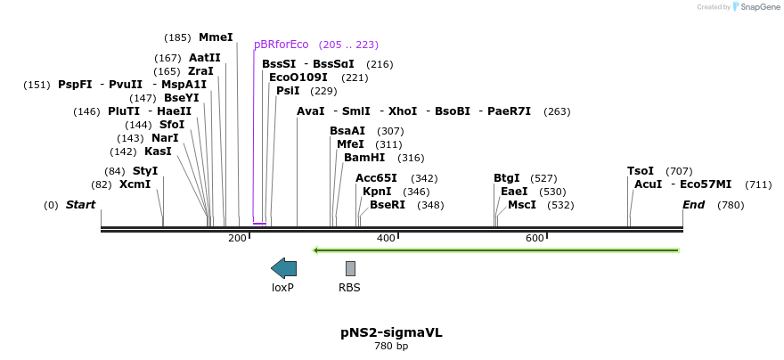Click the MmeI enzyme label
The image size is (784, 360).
tap(216, 37)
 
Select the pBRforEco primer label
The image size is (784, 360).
tap(281, 45)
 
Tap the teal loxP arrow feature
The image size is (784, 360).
tap(283, 268)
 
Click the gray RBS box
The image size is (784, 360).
tap(350, 268)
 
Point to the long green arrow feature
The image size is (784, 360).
tap(496, 250)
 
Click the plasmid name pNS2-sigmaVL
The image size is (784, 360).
tap(391, 332)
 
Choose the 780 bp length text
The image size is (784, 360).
tap(391, 346)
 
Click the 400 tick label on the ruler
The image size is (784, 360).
tap(386, 238)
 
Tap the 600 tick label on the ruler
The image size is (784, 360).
tap(535, 238)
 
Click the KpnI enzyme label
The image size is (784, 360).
tap(377, 191)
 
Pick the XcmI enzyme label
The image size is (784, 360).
tap(135, 184)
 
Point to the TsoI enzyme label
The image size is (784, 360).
tap(641, 171)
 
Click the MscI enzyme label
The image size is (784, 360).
tap(522, 205)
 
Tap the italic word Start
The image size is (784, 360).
tap(80, 205)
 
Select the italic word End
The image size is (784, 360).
tap(694, 205)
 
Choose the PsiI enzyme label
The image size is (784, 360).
tap(288, 91)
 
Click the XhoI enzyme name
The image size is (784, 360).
tap(403, 111)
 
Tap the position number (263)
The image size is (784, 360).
tap(557, 112)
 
